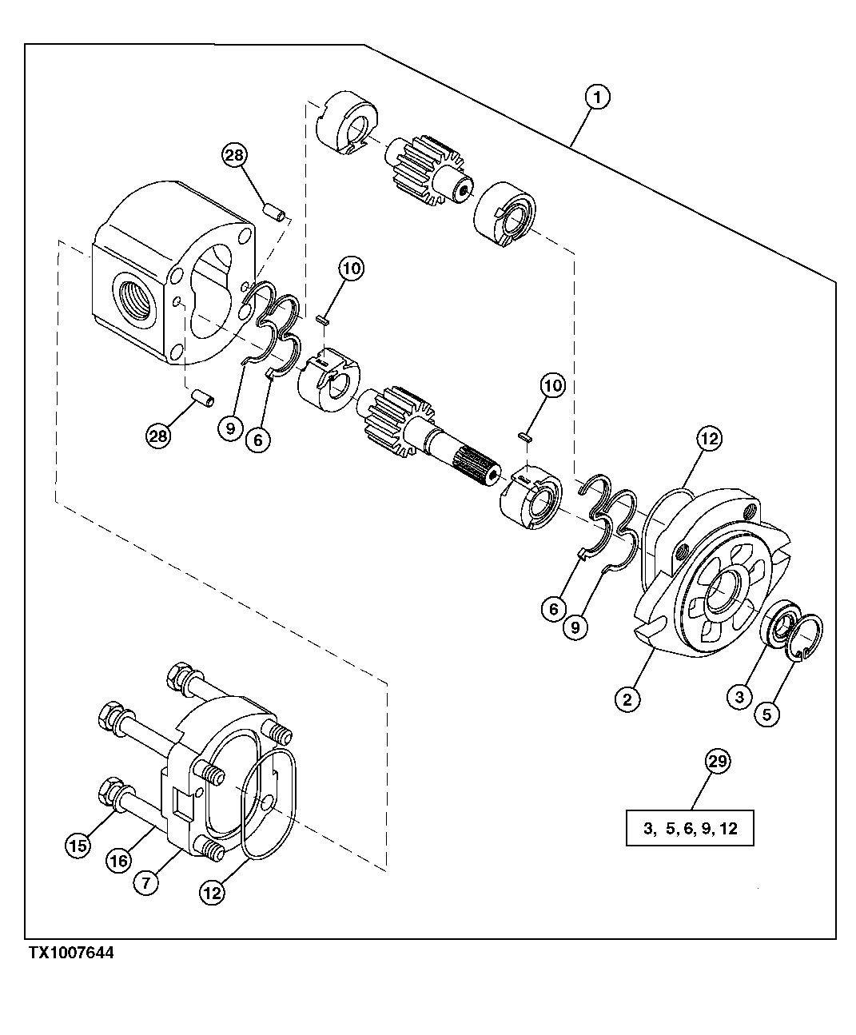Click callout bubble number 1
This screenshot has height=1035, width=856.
(597, 98)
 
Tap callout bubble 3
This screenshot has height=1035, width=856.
(739, 698)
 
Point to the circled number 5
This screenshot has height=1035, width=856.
(766, 714)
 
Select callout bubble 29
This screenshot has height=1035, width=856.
(718, 762)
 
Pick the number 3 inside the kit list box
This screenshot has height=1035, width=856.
(648, 829)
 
